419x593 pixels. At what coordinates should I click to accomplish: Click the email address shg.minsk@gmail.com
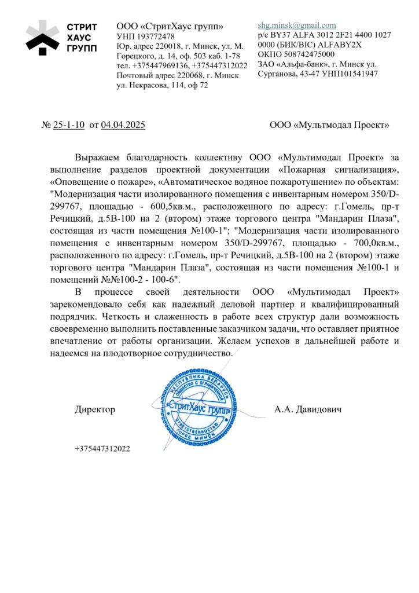[297, 25]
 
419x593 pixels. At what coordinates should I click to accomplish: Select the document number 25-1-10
[69, 125]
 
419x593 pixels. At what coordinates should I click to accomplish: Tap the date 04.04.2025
[123, 125]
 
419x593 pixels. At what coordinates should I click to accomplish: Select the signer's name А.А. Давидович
[308, 409]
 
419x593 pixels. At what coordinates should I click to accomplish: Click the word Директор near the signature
[95, 409]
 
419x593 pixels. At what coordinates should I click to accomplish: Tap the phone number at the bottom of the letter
[102, 449]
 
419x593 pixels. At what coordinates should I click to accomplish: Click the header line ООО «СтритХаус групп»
[170, 26]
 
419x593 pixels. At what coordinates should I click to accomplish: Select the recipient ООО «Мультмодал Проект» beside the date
[329, 125]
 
